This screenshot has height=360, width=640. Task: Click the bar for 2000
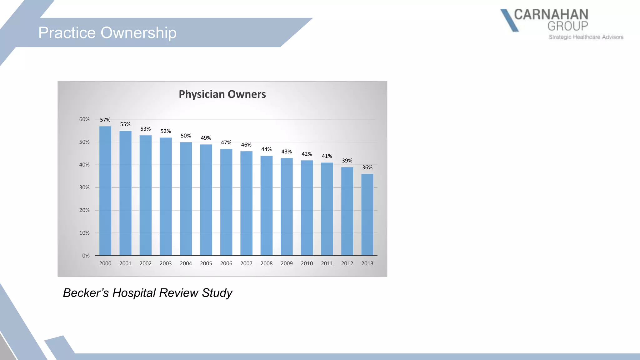tap(105, 191)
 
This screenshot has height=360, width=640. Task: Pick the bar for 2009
tap(287, 207)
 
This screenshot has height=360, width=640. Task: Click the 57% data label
tap(105, 120)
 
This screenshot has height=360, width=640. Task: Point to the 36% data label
tap(367, 167)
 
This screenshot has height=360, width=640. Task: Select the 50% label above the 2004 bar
tap(186, 136)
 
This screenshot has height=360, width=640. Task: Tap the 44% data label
tap(266, 149)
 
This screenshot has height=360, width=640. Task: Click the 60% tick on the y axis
tap(84, 119)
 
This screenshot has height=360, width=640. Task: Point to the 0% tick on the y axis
tap(86, 256)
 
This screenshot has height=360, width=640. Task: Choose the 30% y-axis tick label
tap(84, 187)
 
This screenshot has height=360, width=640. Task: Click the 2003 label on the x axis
tap(166, 263)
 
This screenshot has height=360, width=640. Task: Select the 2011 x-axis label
tap(327, 263)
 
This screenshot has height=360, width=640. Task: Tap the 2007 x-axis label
tap(246, 263)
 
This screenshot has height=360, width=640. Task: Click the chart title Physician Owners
tap(222, 94)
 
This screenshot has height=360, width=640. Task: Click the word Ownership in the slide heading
tap(138, 33)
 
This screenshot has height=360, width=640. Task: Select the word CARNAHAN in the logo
tap(551, 14)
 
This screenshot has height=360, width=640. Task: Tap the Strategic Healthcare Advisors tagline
tap(586, 37)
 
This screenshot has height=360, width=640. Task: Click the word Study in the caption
tap(217, 293)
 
